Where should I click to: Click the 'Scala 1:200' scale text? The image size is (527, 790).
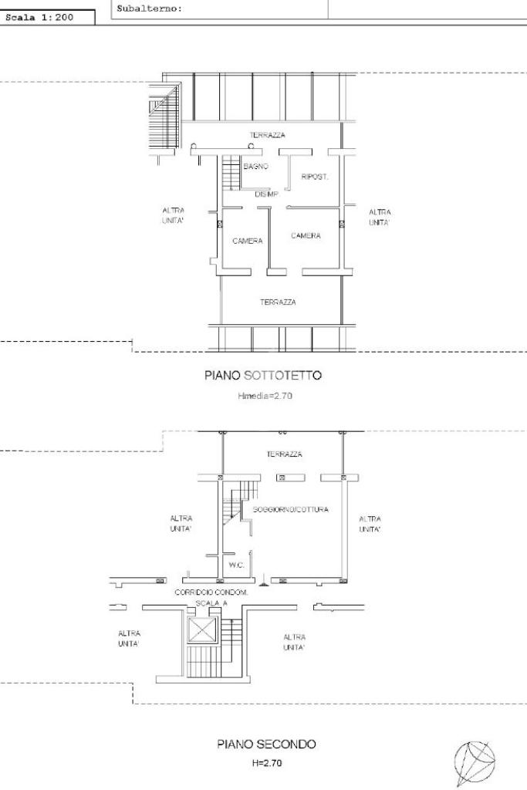click(x=39, y=17)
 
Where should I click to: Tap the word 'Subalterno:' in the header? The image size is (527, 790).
click(x=149, y=8)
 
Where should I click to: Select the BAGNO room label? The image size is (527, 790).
click(x=256, y=167)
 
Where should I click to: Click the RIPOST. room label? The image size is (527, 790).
click(x=315, y=177)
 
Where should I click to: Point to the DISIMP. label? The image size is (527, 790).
click(x=266, y=194)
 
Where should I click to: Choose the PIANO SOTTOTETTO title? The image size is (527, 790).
click(x=263, y=376)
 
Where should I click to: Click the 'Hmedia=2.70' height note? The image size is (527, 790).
click(x=265, y=396)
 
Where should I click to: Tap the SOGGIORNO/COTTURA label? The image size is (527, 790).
click(x=291, y=509)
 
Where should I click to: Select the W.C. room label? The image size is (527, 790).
click(x=236, y=565)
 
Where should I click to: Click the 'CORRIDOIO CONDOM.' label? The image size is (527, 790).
click(x=211, y=592)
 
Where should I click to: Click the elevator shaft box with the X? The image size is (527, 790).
click(x=201, y=630)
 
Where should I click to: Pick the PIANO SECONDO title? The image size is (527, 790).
click(x=266, y=744)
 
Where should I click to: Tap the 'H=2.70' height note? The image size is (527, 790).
click(x=267, y=763)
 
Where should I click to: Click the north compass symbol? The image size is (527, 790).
click(x=475, y=762)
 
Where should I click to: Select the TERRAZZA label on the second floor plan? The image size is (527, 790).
click(x=285, y=454)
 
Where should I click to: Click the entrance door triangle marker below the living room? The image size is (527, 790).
click(x=265, y=583)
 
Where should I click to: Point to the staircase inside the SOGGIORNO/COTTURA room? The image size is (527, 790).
click(x=237, y=501)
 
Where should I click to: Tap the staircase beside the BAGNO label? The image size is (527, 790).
click(x=231, y=173)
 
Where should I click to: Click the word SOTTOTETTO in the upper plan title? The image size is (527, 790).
click(x=282, y=376)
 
